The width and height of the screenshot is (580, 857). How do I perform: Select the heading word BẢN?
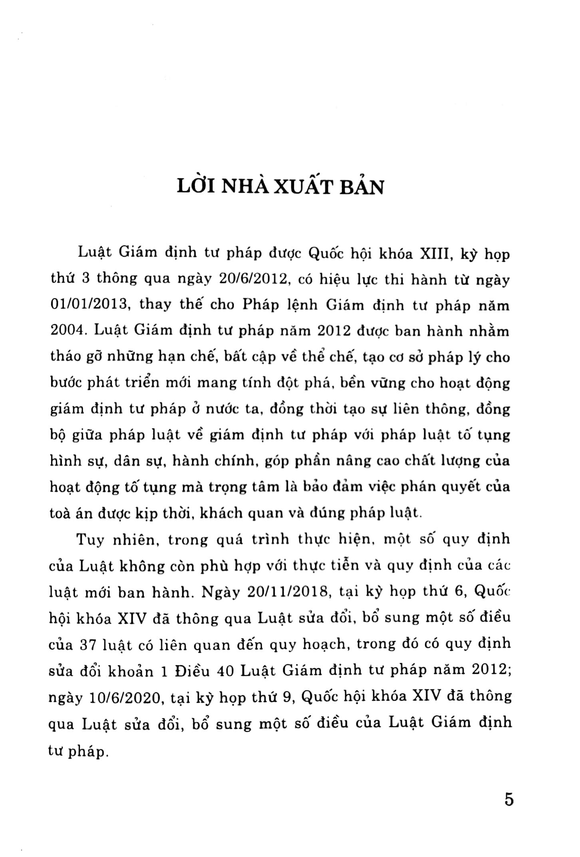pos(363,187)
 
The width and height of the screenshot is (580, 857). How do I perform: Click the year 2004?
pos(65,331)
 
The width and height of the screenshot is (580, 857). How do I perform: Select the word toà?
pos(61,513)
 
